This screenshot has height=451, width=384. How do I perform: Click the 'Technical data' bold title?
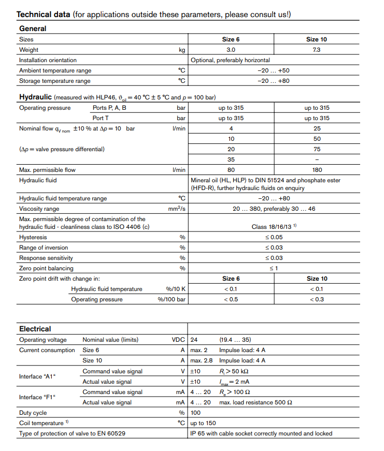pos(43,14)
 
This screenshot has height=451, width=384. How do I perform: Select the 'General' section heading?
pos(33,28)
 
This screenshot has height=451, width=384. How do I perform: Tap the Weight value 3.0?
pos(231,50)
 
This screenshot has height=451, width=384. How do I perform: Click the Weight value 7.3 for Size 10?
pos(317,50)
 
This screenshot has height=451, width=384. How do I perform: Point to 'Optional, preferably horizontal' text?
pos(230,60)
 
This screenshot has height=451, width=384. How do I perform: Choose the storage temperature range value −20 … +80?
pos(274,81)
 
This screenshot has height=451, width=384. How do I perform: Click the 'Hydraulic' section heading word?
pos(35,97)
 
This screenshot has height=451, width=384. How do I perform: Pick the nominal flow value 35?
pos(231,159)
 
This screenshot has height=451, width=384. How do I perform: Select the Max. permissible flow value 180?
pos(317,170)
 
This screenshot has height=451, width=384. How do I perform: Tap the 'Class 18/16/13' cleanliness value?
pos(272,226)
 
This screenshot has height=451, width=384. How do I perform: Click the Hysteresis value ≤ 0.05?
pos(274,237)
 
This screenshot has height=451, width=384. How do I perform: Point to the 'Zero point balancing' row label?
pos(46,268)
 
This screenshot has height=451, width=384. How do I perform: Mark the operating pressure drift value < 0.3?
pos(317,299)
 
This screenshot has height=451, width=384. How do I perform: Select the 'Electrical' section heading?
pos(35,329)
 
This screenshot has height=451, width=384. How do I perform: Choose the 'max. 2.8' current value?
pos(202,360)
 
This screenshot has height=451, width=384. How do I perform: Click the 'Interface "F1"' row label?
pos(37,397)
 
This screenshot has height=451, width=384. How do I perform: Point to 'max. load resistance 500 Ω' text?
pos(255,402)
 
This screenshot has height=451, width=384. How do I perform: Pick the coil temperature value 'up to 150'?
pos(203,423)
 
